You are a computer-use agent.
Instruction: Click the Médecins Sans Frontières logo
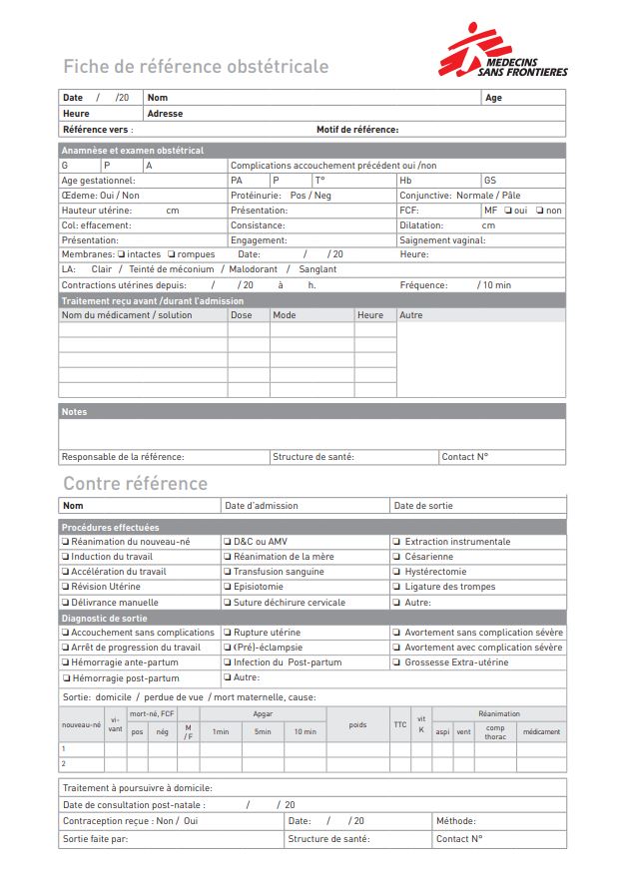(x=503, y=51)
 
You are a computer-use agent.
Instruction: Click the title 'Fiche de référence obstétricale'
(x=196, y=67)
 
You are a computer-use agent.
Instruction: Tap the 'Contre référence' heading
(x=136, y=484)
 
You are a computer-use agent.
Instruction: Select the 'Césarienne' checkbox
(x=396, y=557)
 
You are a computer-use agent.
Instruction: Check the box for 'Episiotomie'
(x=227, y=587)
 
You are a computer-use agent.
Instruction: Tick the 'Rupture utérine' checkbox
(x=227, y=633)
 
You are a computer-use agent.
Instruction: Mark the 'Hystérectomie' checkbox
(x=396, y=572)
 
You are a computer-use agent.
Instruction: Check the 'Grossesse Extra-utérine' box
(x=396, y=662)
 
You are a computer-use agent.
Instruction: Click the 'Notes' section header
(x=75, y=411)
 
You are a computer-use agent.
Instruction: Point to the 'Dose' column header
(x=242, y=315)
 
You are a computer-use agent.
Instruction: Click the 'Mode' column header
(x=285, y=315)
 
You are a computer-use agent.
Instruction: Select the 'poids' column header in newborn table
(x=357, y=725)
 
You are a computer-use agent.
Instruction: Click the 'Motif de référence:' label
(x=357, y=130)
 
